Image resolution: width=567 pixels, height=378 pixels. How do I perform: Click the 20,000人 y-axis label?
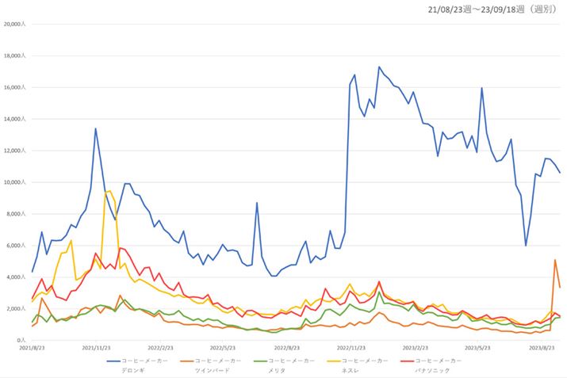coord(16,24)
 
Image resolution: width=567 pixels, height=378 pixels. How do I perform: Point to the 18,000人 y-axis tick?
coord(16,55)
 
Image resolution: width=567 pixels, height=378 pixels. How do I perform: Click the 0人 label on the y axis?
coord(24,341)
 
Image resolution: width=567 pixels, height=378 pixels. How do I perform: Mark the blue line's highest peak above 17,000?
coord(379,67)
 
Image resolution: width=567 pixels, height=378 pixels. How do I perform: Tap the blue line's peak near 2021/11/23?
coord(96,128)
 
